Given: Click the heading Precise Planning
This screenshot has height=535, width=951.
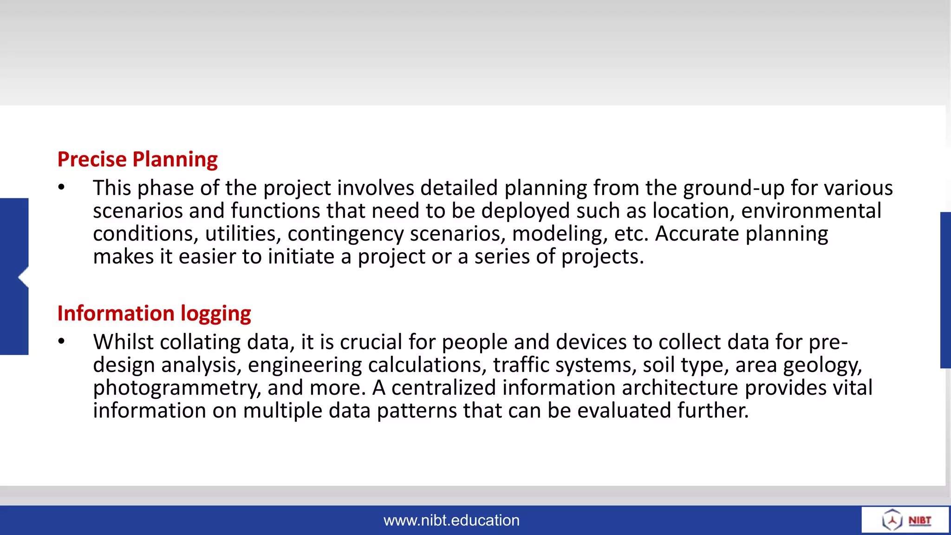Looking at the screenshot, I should pyautogui.click(x=137, y=159).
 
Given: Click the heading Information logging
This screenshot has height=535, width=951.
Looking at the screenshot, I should pyautogui.click(x=154, y=313).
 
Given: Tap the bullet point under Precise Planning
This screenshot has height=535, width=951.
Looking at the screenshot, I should pyautogui.click(x=62, y=187).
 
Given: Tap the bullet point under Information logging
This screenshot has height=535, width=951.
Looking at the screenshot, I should pyautogui.click(x=62, y=341).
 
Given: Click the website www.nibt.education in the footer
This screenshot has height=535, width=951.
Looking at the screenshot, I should pyautogui.click(x=451, y=520).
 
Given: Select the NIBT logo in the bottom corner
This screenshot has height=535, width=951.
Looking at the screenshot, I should pyautogui.click(x=905, y=520).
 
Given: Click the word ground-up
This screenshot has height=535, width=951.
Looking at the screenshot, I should pyautogui.click(x=734, y=188).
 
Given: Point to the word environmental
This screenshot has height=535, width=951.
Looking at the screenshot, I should pyautogui.click(x=811, y=211).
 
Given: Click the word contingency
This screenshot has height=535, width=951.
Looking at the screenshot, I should pyautogui.click(x=345, y=234).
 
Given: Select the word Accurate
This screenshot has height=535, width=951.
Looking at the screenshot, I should pyautogui.click(x=697, y=234).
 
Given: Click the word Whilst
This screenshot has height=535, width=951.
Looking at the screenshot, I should pyautogui.click(x=123, y=342).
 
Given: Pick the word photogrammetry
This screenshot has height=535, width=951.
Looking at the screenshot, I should pyautogui.click(x=176, y=388).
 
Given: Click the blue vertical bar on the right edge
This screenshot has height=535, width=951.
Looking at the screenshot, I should pyautogui.click(x=945, y=290).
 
